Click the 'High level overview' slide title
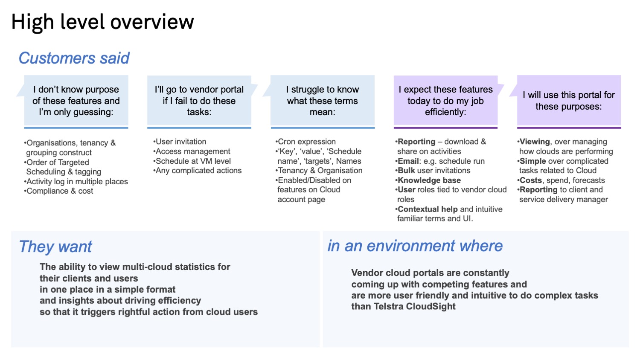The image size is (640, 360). (x=102, y=22)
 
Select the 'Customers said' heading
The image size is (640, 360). (x=74, y=58)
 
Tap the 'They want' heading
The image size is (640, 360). (x=55, y=247)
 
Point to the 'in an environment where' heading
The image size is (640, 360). (x=415, y=246)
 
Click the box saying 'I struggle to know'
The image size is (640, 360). (x=322, y=101)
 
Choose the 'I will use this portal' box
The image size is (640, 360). (x=569, y=101)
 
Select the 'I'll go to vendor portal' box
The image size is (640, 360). (x=199, y=101)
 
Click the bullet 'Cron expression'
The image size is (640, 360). (x=306, y=142)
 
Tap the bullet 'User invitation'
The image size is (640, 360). (x=180, y=142)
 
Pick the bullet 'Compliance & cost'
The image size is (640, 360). (x=58, y=191)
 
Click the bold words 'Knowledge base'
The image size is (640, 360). (x=429, y=180)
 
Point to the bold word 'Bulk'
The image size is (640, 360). (x=406, y=171)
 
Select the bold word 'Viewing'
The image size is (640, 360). (x=535, y=142)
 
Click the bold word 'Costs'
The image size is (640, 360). (x=531, y=180)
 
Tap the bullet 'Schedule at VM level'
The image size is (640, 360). (x=192, y=161)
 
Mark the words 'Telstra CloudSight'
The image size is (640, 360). (x=415, y=306)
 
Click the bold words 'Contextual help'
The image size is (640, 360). (x=428, y=209)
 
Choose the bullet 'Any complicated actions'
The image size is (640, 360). (x=198, y=171)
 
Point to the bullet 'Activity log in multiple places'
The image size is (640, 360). (x=76, y=181)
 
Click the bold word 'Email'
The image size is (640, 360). (x=408, y=161)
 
